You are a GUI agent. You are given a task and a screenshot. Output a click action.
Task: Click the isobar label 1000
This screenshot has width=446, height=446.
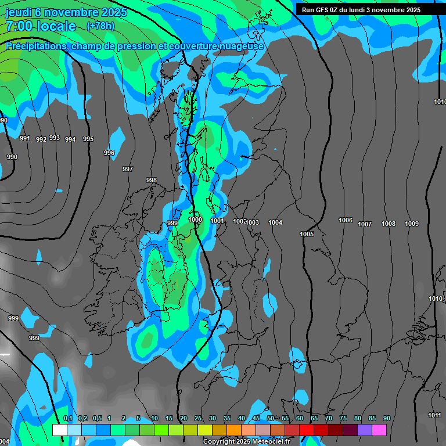(195, 220)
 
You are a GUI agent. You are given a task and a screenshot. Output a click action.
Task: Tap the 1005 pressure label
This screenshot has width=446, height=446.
(307, 234)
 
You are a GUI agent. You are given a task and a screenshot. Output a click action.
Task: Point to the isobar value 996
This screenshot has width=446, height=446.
(109, 153)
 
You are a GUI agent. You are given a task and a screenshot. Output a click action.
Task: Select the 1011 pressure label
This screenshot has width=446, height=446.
(434, 415)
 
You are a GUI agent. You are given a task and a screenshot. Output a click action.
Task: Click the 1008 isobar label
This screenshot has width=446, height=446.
(389, 224)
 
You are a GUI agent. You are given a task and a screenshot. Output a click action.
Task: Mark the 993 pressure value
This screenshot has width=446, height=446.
(55, 138)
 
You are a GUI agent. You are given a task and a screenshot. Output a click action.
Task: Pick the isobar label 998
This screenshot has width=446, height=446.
(152, 180)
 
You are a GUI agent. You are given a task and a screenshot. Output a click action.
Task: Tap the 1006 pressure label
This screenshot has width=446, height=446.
(346, 220)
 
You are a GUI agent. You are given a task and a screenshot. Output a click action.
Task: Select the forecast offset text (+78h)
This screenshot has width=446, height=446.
(100, 26)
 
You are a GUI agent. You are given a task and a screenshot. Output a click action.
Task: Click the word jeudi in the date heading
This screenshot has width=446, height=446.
(21, 12)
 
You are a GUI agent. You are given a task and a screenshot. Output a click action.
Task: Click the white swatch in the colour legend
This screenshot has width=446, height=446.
(59, 430)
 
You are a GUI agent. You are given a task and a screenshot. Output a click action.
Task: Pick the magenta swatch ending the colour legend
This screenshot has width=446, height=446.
(379, 430)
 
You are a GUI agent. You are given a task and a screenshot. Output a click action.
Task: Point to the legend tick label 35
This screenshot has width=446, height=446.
(227, 419)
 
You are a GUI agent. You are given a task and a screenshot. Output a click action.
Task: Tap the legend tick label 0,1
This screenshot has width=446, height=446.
(68, 419)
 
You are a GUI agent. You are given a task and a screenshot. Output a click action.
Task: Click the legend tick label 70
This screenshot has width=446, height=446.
(329, 419)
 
